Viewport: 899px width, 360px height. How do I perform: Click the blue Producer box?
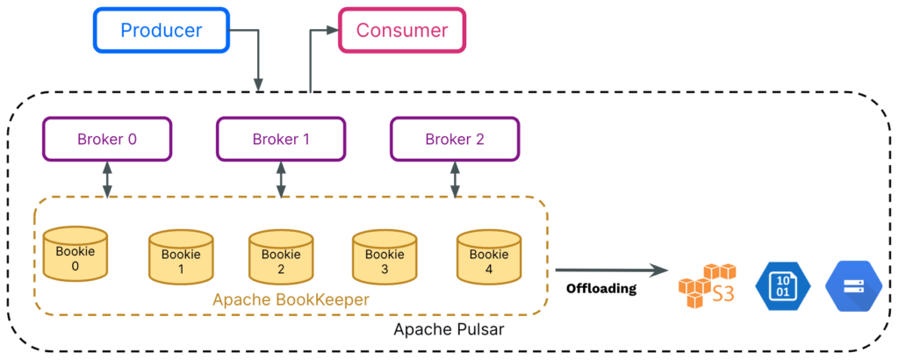162,30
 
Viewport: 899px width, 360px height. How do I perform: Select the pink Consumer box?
402,30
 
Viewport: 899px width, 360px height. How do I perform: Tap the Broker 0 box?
107,139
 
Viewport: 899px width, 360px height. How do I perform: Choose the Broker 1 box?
281,139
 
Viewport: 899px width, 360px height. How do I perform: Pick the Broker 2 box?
455,139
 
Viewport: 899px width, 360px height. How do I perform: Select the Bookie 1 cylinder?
181,257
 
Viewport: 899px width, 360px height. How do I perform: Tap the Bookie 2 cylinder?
281,257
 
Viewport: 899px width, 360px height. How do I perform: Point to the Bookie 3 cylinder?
385,257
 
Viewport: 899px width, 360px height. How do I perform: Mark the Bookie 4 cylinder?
488,257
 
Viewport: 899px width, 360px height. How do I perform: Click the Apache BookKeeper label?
291,299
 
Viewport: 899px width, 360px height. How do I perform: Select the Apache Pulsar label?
449,330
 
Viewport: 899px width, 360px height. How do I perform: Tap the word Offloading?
601,288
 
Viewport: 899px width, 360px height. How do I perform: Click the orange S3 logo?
707,285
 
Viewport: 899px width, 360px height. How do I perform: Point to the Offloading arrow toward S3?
612,270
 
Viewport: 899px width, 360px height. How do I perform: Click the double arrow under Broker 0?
107,180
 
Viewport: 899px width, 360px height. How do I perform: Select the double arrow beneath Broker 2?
455,180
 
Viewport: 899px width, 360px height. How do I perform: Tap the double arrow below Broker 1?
281,180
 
